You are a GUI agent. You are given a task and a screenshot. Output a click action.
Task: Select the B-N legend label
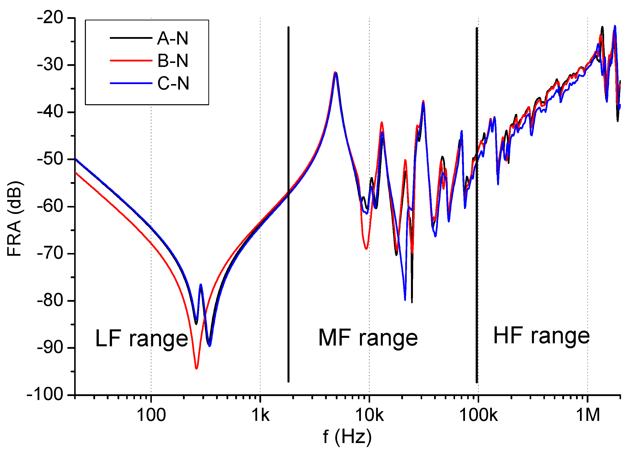pyautogui.click(x=172, y=61)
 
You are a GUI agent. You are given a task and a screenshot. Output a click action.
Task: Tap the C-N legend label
pyautogui.click(x=173, y=83)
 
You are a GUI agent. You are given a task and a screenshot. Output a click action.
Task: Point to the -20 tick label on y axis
pyautogui.click(x=50, y=18)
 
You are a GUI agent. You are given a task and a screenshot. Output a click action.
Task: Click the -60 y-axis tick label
pyautogui.click(x=50, y=206)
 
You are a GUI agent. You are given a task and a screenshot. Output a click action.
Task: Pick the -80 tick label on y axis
pyautogui.click(x=50, y=301)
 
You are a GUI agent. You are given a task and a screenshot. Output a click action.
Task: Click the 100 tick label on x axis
pyautogui.click(x=151, y=415)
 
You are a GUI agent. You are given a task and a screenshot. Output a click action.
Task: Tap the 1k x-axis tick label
pyautogui.click(x=260, y=415)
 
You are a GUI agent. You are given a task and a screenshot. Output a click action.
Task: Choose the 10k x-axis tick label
pyautogui.click(x=369, y=415)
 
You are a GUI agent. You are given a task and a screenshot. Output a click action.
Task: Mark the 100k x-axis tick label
pyautogui.click(x=478, y=415)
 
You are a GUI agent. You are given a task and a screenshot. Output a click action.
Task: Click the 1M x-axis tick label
pyautogui.click(x=588, y=415)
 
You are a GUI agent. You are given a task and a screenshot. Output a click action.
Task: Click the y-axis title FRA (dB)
pyautogui.click(x=14, y=218)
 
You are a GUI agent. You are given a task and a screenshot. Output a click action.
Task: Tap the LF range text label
pyautogui.click(x=142, y=339)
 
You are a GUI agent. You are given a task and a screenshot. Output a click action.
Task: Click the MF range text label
pyautogui.click(x=368, y=338)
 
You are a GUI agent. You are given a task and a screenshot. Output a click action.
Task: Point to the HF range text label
pyautogui.click(x=541, y=336)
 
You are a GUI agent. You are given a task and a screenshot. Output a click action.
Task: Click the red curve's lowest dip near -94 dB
pyautogui.click(x=196, y=368)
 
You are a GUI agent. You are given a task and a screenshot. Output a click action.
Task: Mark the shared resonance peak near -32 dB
pyautogui.click(x=336, y=73)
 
